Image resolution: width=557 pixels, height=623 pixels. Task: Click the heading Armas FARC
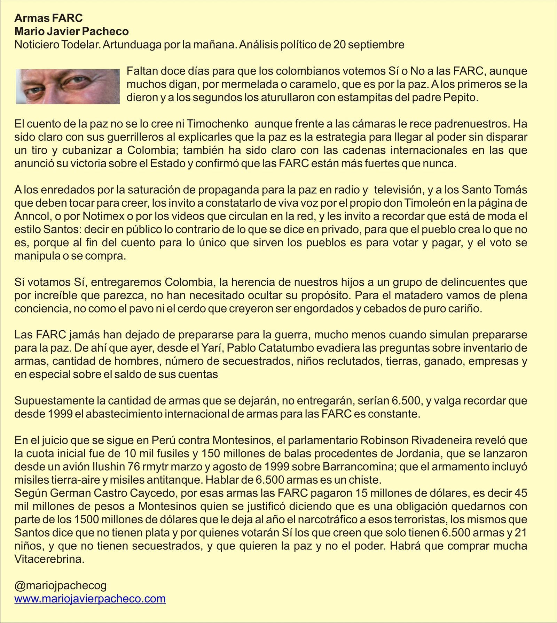coord(48,18)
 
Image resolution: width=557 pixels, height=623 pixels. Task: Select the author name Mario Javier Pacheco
coord(71,31)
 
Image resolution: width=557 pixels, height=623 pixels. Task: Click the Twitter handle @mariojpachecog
coord(60,586)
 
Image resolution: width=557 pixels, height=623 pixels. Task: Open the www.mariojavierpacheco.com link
coord(90,599)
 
